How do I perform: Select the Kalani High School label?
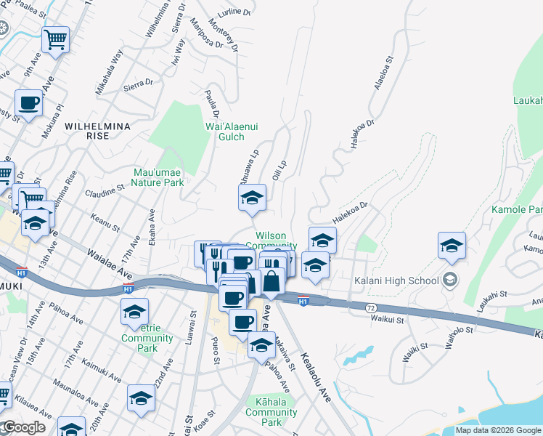coord(397,280)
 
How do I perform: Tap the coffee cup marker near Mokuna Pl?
coord(29,103)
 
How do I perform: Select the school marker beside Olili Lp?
coord(252,198)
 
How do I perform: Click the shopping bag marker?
coord(271,280)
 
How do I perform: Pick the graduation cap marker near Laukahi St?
coord(452,246)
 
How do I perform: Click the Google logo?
coord(23,427)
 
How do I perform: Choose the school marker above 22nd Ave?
coord(142,398)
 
